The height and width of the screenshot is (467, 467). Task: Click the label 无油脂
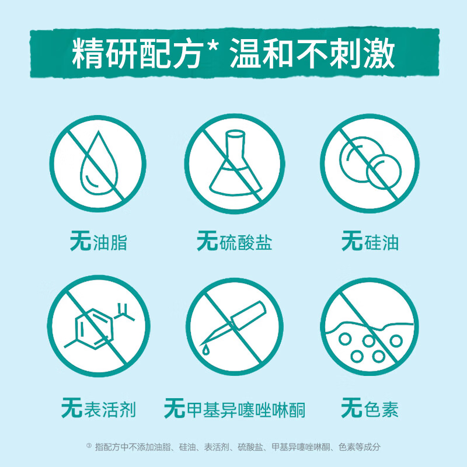(x=97, y=242)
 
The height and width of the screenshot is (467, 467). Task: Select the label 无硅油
(x=370, y=242)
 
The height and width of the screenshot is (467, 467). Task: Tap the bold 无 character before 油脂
(x=79, y=241)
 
